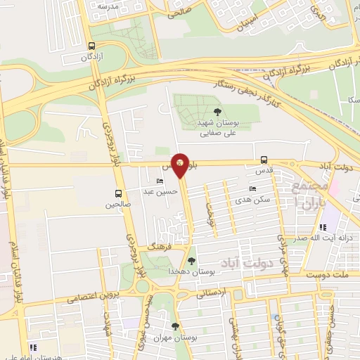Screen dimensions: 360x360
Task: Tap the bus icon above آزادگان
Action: [91, 46]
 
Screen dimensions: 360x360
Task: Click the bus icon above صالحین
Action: [118, 194]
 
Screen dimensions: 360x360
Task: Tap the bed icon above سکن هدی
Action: [252, 189]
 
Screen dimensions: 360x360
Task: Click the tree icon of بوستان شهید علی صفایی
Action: [217, 112]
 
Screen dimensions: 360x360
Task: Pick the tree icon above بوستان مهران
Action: [175, 326]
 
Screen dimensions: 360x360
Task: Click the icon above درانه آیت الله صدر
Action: [323, 227]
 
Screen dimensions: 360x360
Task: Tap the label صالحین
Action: [118, 205]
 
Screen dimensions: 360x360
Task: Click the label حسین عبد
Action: [158, 191]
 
